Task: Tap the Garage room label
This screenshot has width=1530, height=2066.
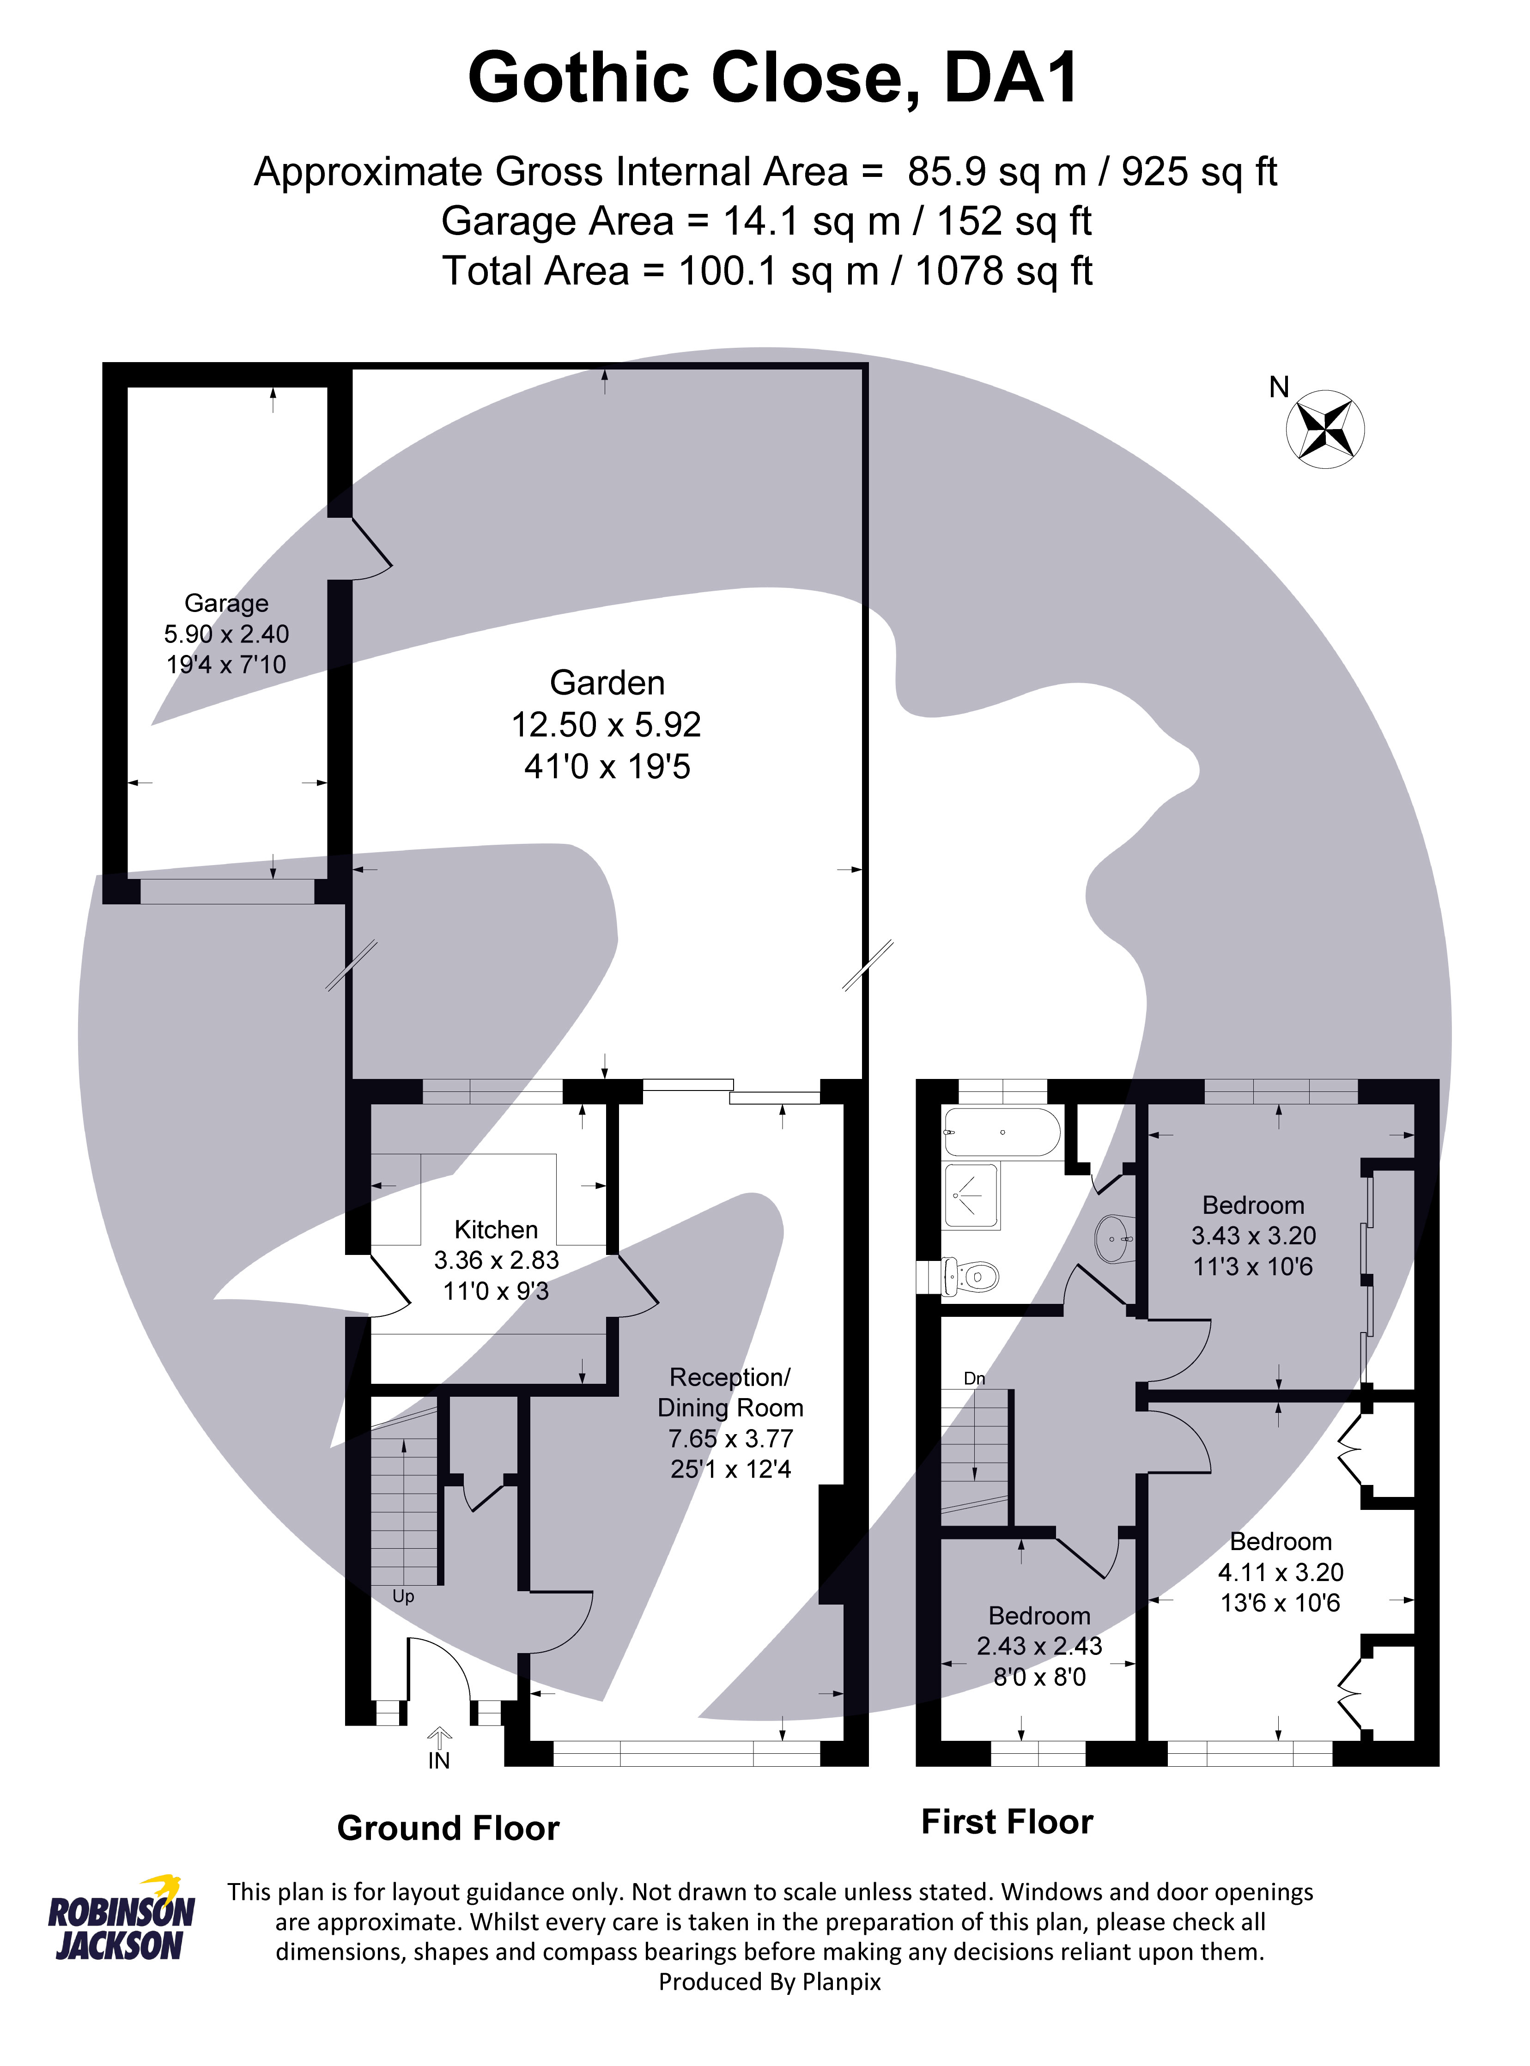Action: click(227, 603)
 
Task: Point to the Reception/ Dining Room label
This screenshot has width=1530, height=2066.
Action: click(731, 1392)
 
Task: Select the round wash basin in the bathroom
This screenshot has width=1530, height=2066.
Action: click(1114, 1237)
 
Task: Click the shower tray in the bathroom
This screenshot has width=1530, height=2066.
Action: click(971, 1195)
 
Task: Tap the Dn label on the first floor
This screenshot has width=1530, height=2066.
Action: click(974, 1379)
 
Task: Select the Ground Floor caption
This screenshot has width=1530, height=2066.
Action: click(448, 1829)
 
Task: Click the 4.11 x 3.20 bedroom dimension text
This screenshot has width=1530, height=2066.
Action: click(1280, 1571)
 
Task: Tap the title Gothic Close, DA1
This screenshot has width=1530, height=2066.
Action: click(773, 78)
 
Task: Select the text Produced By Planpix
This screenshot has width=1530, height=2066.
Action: click(770, 1982)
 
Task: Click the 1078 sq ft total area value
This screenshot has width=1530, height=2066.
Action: click(1004, 271)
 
